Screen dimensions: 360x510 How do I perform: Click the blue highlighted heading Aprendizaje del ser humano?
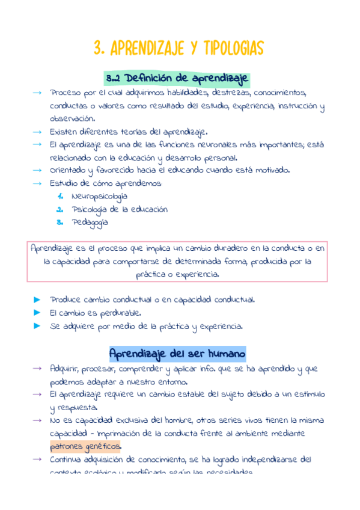(x=177, y=353)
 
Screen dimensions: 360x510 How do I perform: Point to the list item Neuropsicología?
(x=99, y=196)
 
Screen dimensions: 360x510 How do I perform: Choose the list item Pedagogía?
(x=90, y=222)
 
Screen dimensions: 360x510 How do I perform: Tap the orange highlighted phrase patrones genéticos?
(x=85, y=446)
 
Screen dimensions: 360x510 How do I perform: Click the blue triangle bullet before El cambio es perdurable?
(x=37, y=313)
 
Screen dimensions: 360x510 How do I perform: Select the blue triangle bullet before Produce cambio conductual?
(x=37, y=299)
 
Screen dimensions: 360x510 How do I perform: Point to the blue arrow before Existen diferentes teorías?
(x=37, y=131)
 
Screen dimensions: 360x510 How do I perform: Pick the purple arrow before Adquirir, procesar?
(x=37, y=368)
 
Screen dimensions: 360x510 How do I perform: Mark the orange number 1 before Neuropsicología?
(x=60, y=196)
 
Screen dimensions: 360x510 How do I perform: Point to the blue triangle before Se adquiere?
(x=37, y=327)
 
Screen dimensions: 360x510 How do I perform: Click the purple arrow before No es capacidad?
(x=37, y=420)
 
